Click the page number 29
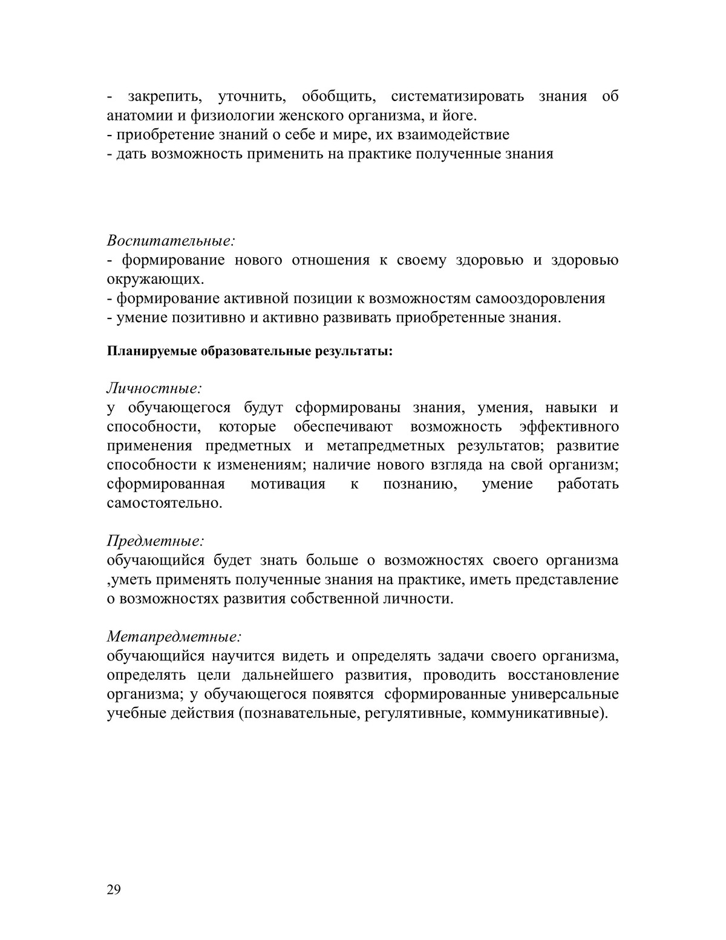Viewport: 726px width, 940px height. coord(114,889)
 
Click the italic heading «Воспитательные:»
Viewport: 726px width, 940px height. coord(171,240)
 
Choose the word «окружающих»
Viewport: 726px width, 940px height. coord(154,280)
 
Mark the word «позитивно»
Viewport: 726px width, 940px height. coord(208,318)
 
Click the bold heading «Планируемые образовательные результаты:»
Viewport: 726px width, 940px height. coord(250,351)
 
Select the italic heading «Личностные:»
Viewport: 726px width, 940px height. coord(154,387)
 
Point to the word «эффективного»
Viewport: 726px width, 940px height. coord(569,427)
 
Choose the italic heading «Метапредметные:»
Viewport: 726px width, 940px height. coord(174,637)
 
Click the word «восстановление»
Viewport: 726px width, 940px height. coord(563,675)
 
